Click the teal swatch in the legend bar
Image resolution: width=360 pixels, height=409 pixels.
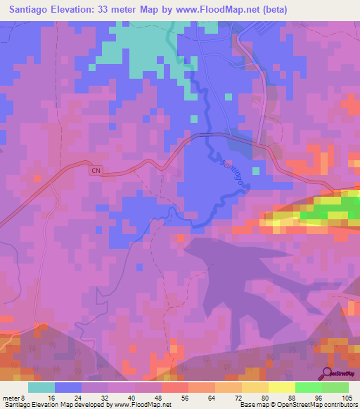41,387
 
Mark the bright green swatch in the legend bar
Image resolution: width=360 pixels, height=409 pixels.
308,387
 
